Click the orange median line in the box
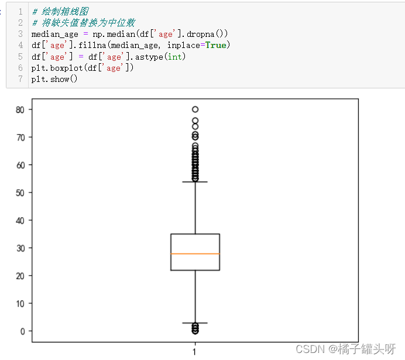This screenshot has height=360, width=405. click(x=195, y=253)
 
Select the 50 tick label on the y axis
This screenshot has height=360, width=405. click(x=20, y=193)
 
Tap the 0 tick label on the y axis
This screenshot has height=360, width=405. click(x=23, y=331)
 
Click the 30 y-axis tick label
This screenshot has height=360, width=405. click(x=20, y=248)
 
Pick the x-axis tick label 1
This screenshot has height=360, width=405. click(x=195, y=352)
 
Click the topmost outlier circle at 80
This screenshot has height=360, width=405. click(x=195, y=109)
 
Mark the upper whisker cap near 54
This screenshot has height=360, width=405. click(x=195, y=182)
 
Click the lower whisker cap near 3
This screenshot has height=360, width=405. click(x=195, y=323)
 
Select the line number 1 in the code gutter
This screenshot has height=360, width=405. click(x=20, y=11)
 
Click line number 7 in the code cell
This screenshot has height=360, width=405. click(x=20, y=79)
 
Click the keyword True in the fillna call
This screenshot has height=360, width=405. click(x=216, y=45)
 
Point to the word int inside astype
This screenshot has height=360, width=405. click(x=175, y=56)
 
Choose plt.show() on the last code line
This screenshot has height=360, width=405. click(x=54, y=79)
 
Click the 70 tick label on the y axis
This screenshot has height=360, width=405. click(x=20, y=137)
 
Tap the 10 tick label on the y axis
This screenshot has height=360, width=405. click(x=20, y=303)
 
